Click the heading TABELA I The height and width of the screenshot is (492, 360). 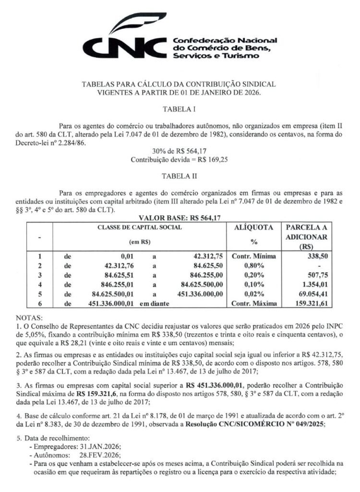(x=180, y=109)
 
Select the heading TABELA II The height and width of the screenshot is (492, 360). (x=180, y=176)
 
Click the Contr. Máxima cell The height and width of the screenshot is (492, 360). (x=253, y=303)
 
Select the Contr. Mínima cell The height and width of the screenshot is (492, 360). (x=253, y=256)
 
